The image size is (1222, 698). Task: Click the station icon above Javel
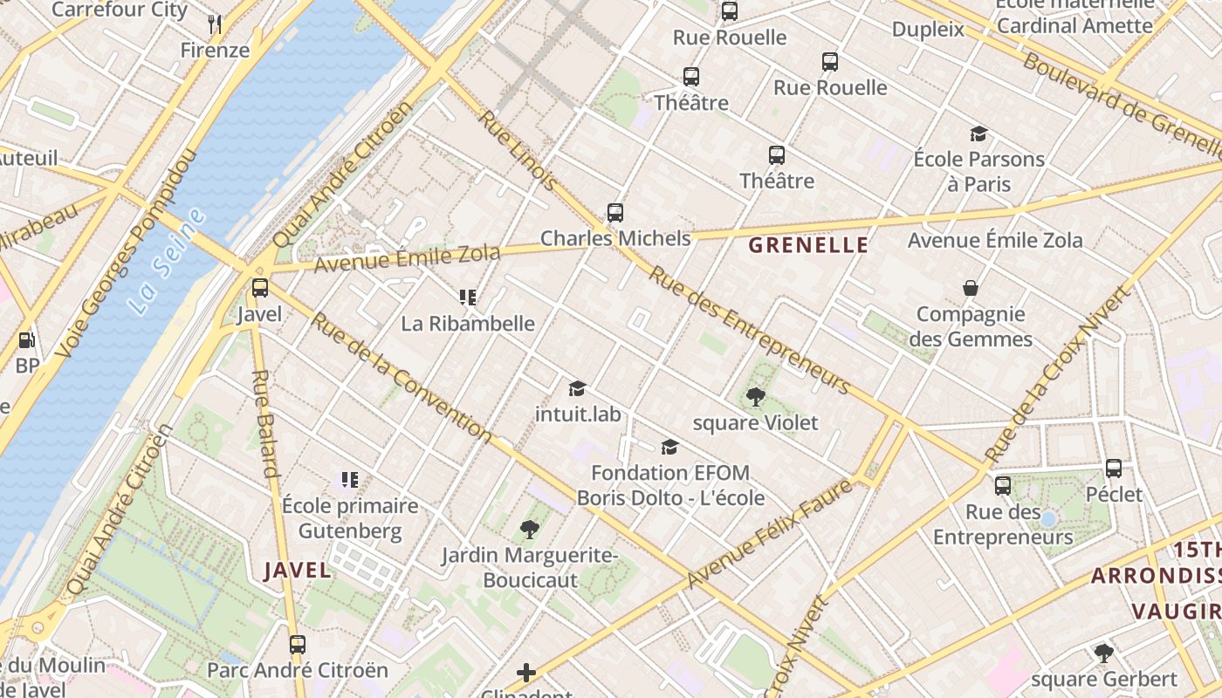[259, 288]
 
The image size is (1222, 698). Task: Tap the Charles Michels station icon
[615, 213]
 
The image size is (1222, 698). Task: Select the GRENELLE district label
[808, 245]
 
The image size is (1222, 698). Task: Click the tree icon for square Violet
[756, 398]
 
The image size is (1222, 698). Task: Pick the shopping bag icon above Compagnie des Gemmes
[970, 288]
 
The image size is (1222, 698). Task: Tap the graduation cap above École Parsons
[978, 134]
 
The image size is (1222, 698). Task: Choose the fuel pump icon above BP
[27, 340]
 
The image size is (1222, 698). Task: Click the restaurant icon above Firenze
[215, 24]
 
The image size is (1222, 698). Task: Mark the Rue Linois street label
[518, 150]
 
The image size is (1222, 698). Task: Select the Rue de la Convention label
[402, 376]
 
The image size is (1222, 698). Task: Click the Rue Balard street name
[264, 424]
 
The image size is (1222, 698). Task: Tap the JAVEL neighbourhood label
[298, 571]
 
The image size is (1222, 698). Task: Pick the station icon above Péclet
[1114, 469]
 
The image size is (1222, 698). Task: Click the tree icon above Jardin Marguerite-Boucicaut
[529, 529]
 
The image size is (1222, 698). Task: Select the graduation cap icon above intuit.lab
[577, 388]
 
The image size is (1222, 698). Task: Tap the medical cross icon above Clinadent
[526, 673]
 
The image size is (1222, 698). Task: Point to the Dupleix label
[928, 30]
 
